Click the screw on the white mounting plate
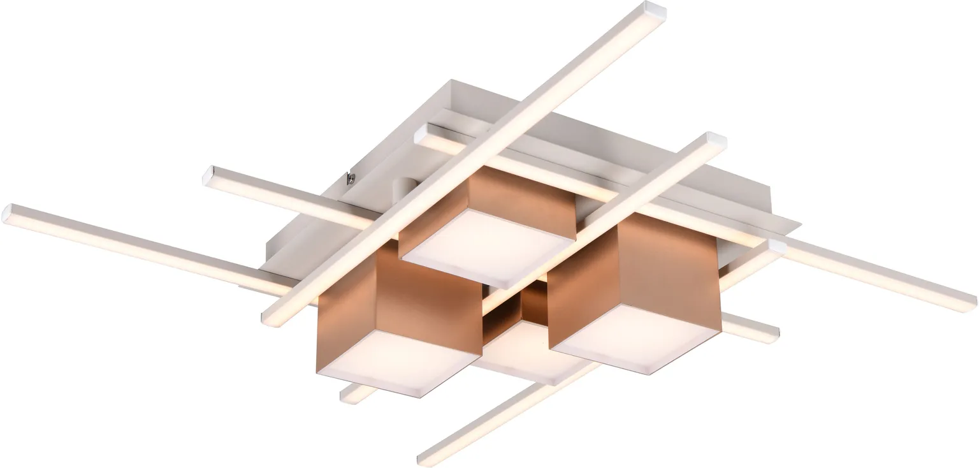[x=351, y=178]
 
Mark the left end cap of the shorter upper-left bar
[x=211, y=175]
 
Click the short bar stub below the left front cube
[x=351, y=394]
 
